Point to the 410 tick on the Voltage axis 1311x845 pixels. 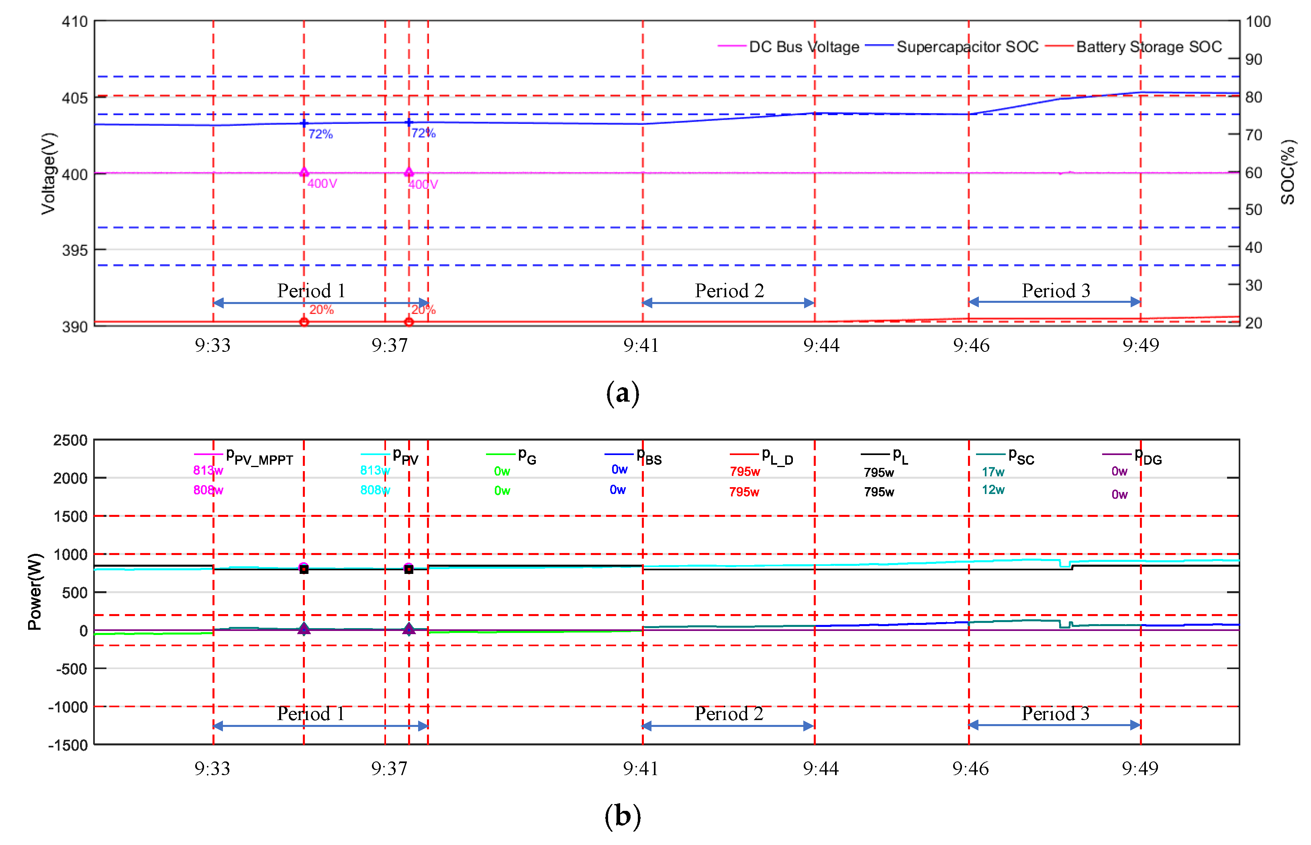pyautogui.click(x=75, y=22)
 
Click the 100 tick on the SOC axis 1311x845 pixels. pyautogui.click(x=1258, y=22)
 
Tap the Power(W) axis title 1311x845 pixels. pyautogui.click(x=35, y=592)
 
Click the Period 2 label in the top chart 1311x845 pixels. pyautogui.click(x=729, y=290)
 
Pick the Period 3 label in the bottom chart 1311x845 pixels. pyautogui.click(x=1055, y=713)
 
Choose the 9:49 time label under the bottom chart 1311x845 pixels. pyautogui.click(x=1140, y=768)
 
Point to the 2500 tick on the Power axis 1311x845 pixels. pyautogui.click(x=70, y=441)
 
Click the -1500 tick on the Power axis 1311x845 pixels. pyautogui.click(x=68, y=745)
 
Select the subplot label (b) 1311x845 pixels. pyautogui.click(x=622, y=816)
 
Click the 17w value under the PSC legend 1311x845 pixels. pyautogui.click(x=993, y=472)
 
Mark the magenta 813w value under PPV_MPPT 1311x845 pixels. pyautogui.click(x=208, y=470)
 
